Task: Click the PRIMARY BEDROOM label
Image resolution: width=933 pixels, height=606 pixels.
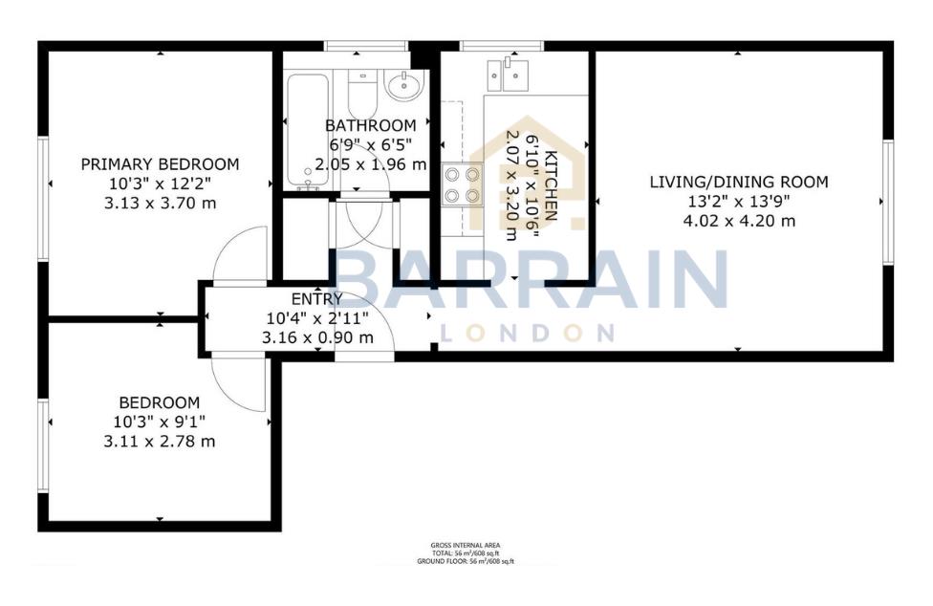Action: point(160,163)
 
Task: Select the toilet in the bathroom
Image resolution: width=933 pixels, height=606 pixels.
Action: point(362,97)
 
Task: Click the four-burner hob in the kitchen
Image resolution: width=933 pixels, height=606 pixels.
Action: point(463,184)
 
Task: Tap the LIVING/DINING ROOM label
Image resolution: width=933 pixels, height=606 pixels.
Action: point(738,182)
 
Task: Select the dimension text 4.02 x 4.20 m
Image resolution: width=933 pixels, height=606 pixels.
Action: point(738,221)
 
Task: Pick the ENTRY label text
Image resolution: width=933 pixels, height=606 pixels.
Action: point(302,299)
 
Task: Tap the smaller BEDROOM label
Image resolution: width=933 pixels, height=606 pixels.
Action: point(160,402)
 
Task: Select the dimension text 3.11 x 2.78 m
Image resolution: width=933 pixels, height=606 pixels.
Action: point(160,441)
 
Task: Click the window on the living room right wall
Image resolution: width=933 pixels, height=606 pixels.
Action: point(887,202)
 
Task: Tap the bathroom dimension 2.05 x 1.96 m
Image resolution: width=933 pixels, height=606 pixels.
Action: point(371,163)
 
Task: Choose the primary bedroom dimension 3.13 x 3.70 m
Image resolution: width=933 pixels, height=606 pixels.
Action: point(160,202)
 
